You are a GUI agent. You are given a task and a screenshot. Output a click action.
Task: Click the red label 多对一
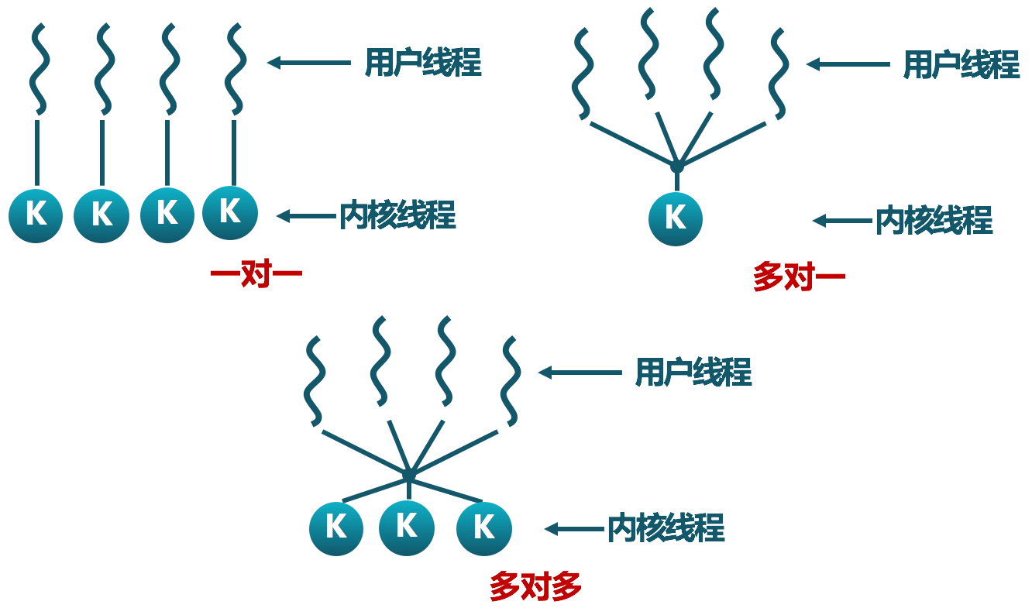pyautogui.click(x=798, y=277)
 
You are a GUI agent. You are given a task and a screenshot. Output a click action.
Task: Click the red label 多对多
pyautogui.click(x=535, y=587)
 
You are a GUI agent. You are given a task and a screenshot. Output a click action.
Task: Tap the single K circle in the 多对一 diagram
pyautogui.click(x=676, y=219)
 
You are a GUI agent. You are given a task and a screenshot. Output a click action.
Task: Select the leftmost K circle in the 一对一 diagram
pyautogui.click(x=36, y=215)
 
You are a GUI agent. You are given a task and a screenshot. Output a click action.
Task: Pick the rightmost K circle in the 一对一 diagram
pyautogui.click(x=230, y=212)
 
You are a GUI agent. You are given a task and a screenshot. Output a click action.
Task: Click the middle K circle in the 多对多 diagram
pyautogui.click(x=407, y=527)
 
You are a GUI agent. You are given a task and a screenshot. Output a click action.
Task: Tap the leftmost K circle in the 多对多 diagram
pyautogui.click(x=336, y=528)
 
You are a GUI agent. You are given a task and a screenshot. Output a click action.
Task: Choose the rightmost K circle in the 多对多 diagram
pyautogui.click(x=484, y=528)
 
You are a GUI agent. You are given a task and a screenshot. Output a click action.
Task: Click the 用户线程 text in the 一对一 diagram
pyautogui.click(x=423, y=63)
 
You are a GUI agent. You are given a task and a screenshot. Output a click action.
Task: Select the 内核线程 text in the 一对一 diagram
pyautogui.click(x=397, y=216)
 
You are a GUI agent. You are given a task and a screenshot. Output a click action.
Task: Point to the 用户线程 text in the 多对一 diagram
pyautogui.click(x=961, y=65)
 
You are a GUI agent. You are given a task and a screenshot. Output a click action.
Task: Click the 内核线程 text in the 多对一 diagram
pyautogui.click(x=934, y=222)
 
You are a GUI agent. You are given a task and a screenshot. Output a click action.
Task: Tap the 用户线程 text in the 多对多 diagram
pyautogui.click(x=693, y=373)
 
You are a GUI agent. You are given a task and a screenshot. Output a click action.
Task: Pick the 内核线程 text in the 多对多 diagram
pyautogui.click(x=666, y=529)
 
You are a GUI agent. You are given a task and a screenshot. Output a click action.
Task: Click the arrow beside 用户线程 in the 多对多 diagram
pyautogui.click(x=580, y=373)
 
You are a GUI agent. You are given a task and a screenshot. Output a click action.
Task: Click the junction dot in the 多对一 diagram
pyautogui.click(x=676, y=166)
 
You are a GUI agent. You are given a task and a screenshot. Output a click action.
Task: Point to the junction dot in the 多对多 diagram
pyautogui.click(x=409, y=473)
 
